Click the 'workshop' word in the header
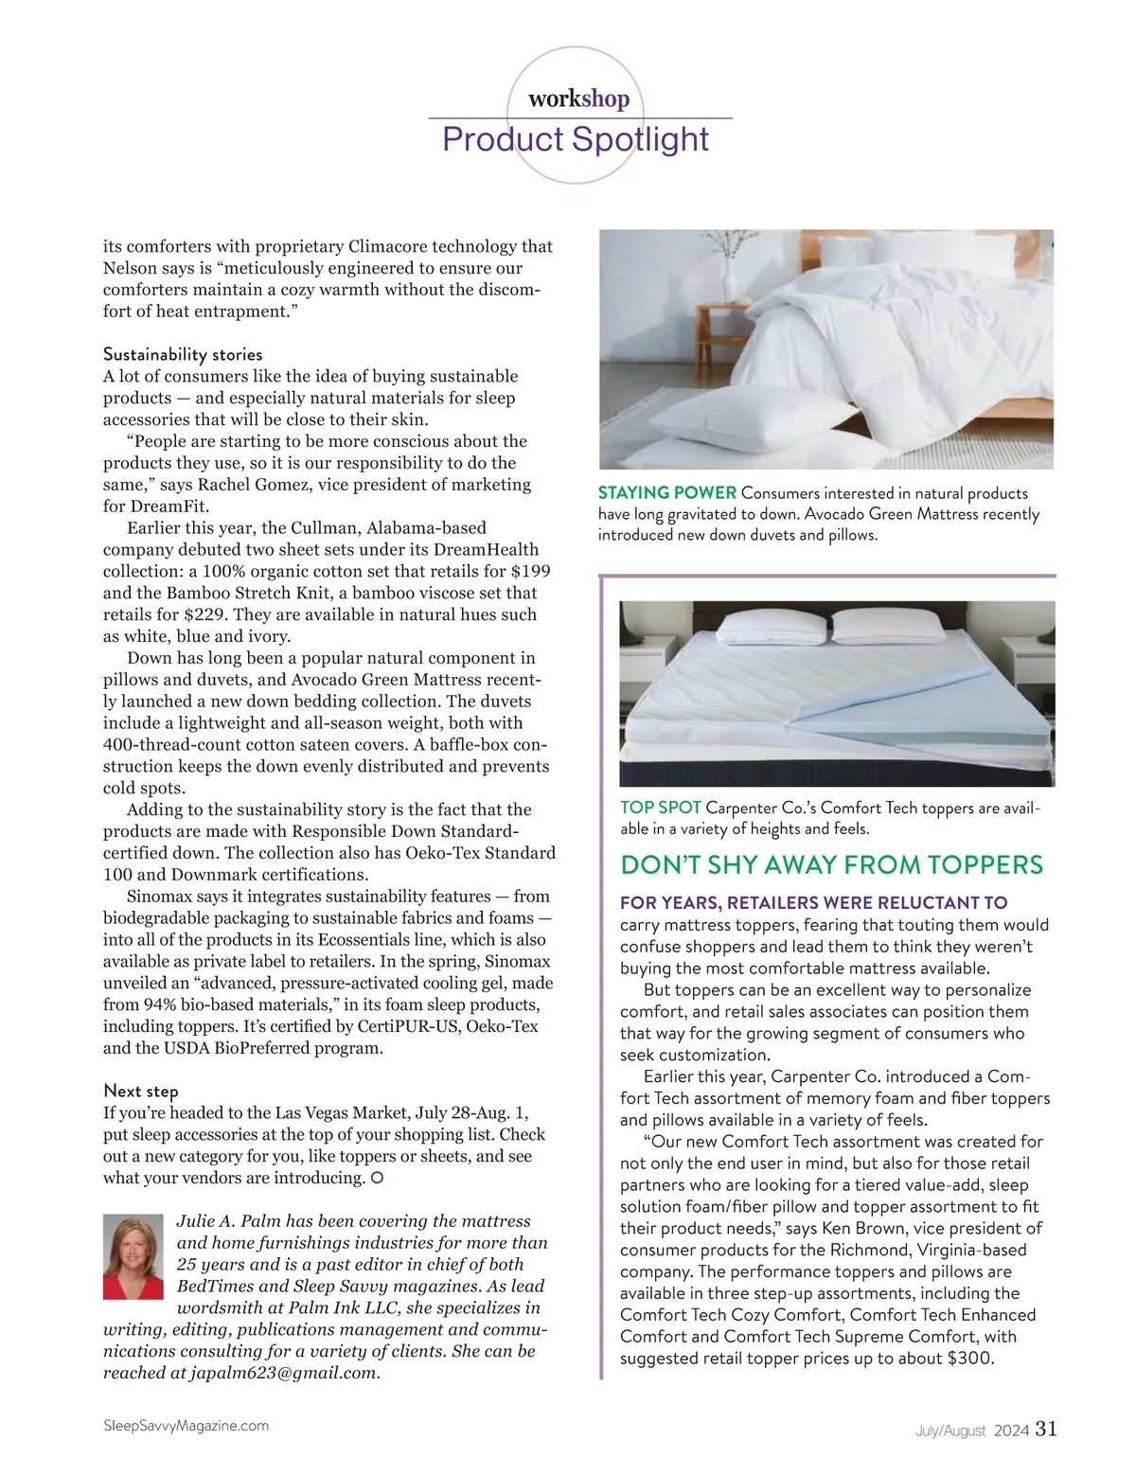point(578,98)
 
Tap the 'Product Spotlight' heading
point(576,139)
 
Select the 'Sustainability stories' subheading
point(183,354)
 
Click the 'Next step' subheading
point(141,1091)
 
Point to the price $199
point(529,571)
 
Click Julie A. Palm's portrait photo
point(133,1256)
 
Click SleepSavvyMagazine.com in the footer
point(186,1425)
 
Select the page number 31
point(1046,1429)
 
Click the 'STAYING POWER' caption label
point(667,492)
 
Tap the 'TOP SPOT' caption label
point(661,808)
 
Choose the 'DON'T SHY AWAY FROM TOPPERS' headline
point(831,864)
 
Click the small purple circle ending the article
point(378,1179)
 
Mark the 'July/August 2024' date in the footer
point(971,1431)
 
